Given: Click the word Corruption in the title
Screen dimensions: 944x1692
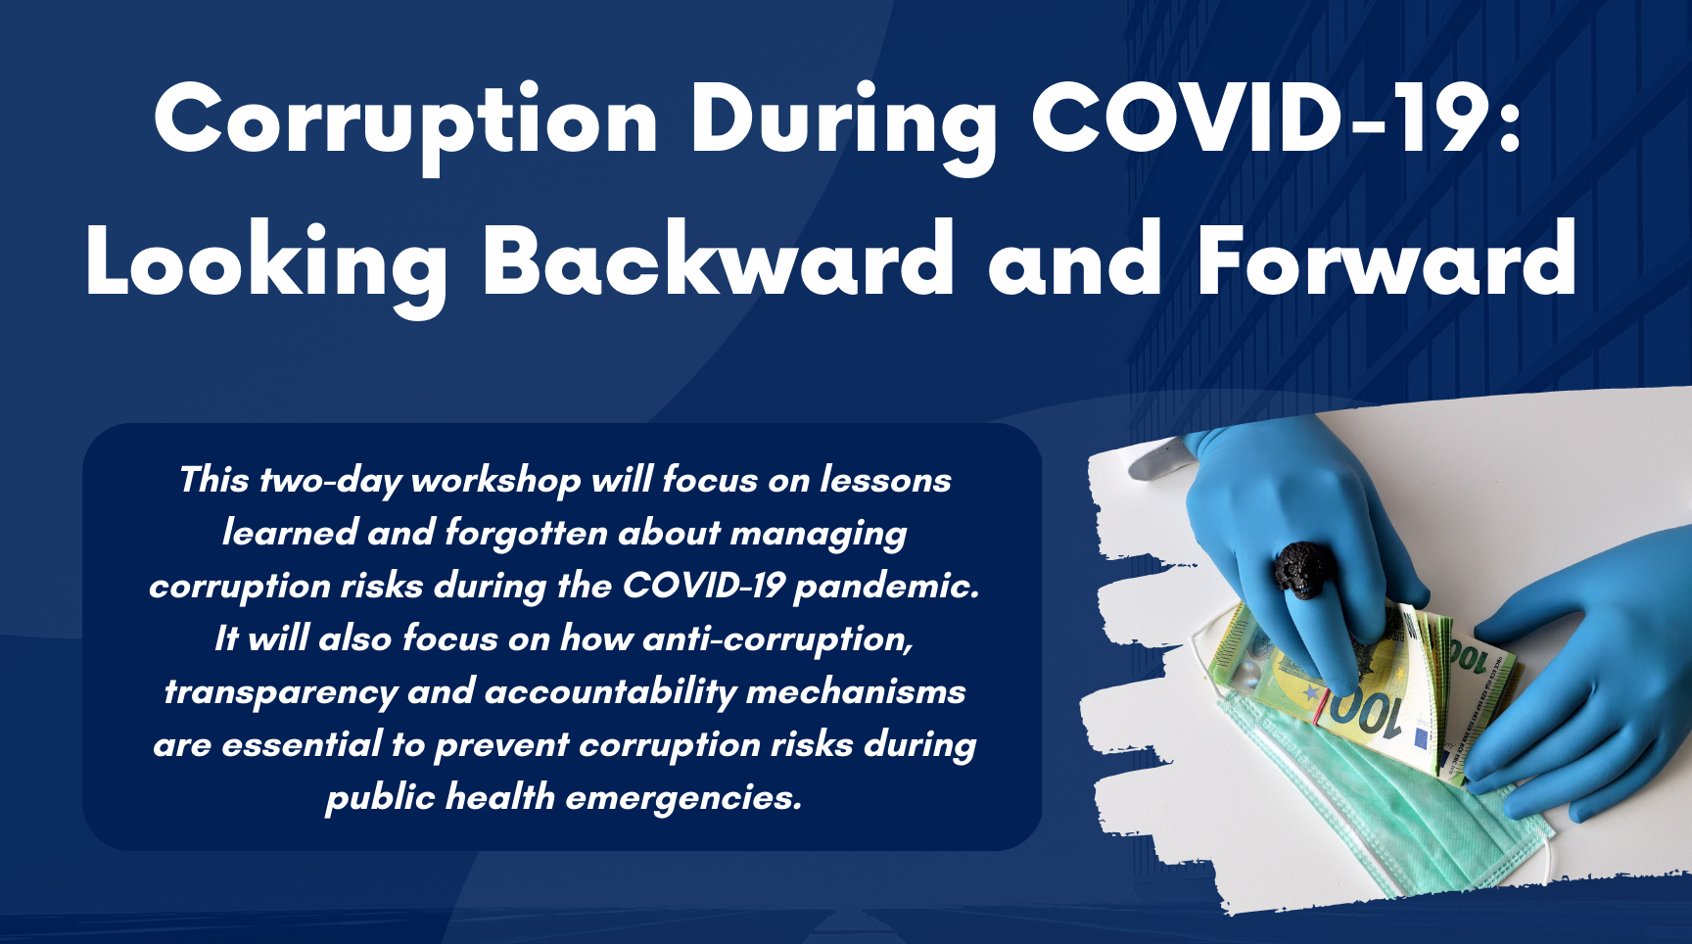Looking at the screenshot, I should click(405, 122).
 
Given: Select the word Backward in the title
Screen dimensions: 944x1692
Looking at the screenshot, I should click(718, 260).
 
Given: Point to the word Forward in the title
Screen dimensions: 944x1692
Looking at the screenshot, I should click(1386, 260).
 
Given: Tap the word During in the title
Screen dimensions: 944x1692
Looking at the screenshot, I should click(843, 122).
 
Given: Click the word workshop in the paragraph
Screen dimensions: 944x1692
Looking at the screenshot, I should click(495, 481).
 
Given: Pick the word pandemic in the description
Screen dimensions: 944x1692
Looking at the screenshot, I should click(886, 587).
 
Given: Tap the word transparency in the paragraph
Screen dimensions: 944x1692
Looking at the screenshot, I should click(280, 692).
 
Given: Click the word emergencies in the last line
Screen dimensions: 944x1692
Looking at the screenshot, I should click(683, 798).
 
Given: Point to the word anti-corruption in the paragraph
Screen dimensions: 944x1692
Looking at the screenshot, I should click(778, 639).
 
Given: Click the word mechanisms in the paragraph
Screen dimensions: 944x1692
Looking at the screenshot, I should click(856, 692).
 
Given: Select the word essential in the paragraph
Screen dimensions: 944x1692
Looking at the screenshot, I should click(302, 745).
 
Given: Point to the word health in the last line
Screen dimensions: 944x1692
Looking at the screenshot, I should click(499, 797).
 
